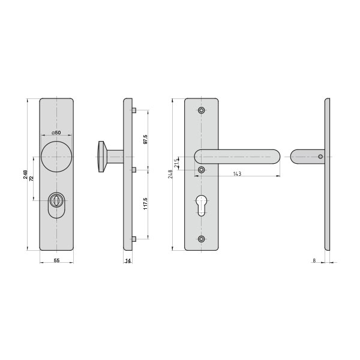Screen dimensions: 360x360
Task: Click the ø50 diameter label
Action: (x=56, y=133)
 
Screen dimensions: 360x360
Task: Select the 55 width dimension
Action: (x=56, y=260)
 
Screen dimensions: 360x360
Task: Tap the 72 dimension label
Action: (x=32, y=178)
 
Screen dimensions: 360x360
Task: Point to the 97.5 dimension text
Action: (x=145, y=139)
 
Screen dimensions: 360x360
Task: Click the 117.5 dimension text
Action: (x=145, y=203)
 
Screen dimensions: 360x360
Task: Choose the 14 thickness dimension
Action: (x=128, y=260)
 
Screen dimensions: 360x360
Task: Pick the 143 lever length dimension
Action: (x=237, y=174)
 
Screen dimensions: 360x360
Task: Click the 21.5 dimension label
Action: (x=176, y=163)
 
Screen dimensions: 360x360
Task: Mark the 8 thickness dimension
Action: (x=314, y=260)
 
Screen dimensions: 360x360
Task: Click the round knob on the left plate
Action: (x=56, y=157)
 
